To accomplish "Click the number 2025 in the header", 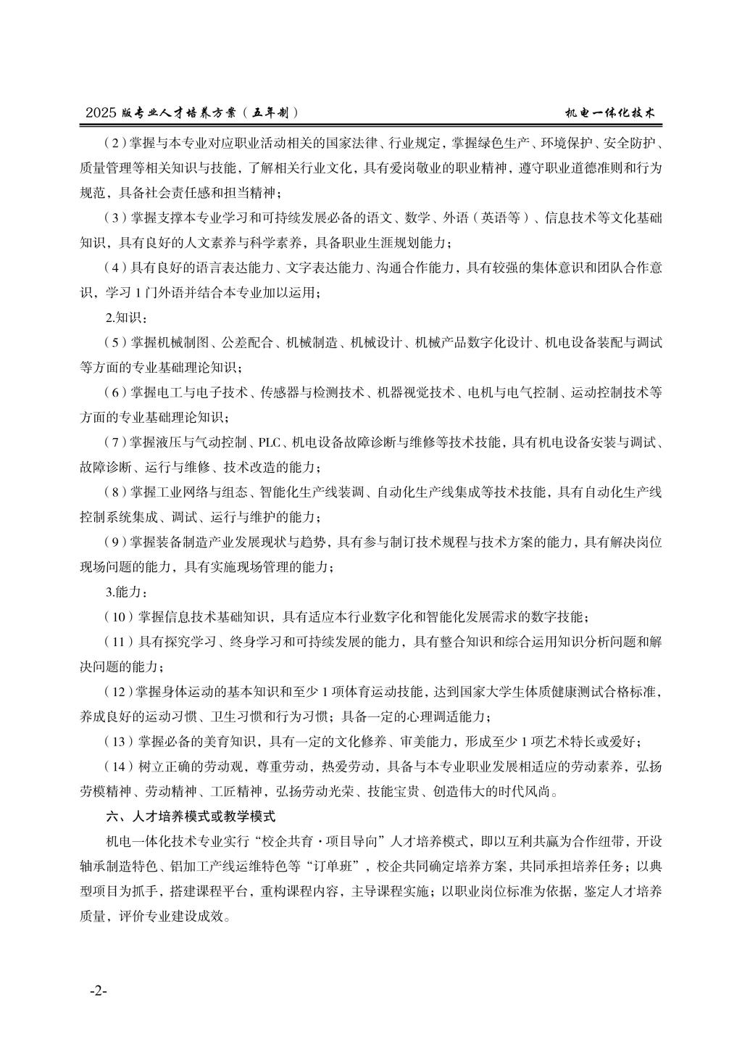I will coord(101,113).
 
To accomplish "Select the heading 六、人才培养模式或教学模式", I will coord(191,816).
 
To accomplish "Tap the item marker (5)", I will coord(116,342).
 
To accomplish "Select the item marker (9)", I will coord(116,542).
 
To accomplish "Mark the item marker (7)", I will coord(116,442).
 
